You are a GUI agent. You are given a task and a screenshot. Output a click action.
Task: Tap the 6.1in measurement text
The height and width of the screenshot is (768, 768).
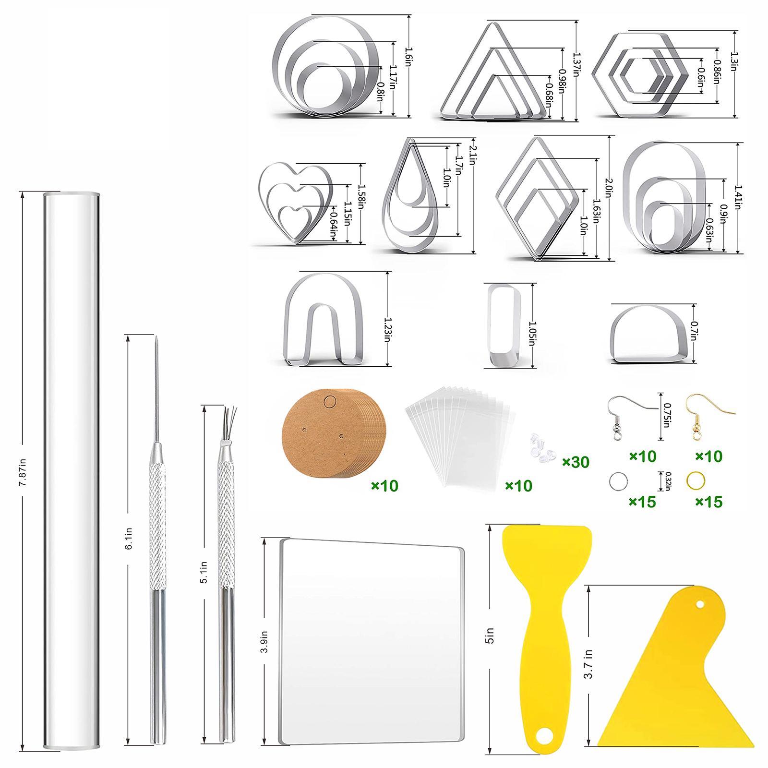(x=128, y=538)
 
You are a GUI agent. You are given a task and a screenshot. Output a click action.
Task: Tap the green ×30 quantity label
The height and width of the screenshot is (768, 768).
(x=576, y=462)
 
